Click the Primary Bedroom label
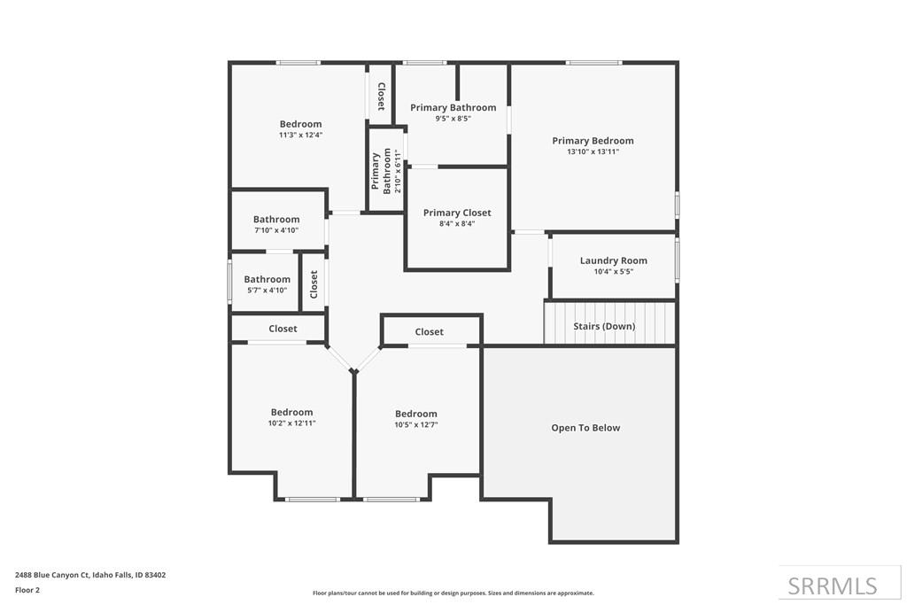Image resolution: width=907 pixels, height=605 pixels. tap(593, 141)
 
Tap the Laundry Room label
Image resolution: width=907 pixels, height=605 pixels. tap(614, 260)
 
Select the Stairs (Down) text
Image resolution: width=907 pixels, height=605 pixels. tap(604, 326)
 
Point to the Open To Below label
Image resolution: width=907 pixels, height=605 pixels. tap(585, 428)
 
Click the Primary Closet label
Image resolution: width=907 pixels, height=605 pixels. tap(457, 213)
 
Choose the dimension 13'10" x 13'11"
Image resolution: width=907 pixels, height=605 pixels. tap(593, 151)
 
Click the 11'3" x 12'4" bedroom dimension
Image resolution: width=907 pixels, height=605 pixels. tap(301, 135)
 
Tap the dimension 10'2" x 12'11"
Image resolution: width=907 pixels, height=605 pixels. tap(291, 423)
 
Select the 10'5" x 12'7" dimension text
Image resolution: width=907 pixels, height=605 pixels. tap(416, 424)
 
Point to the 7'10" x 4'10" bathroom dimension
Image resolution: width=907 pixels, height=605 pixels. tap(276, 230)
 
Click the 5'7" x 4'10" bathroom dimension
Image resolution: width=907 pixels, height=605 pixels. tap(267, 291)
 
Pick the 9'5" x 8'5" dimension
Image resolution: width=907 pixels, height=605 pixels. tap(453, 119)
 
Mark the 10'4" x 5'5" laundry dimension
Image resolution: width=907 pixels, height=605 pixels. tap(614, 271)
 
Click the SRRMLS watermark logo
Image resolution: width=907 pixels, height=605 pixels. tap(833, 586)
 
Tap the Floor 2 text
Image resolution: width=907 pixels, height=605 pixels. tap(27, 590)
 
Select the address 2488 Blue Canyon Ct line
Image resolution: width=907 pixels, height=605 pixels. tap(90, 575)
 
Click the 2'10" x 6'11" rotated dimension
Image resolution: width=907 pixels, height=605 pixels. tap(398, 171)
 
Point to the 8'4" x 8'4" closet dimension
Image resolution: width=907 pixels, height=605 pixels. tap(457, 224)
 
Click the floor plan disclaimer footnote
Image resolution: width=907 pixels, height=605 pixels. tap(453, 593)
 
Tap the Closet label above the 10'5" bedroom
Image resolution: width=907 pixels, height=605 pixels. tap(430, 332)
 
